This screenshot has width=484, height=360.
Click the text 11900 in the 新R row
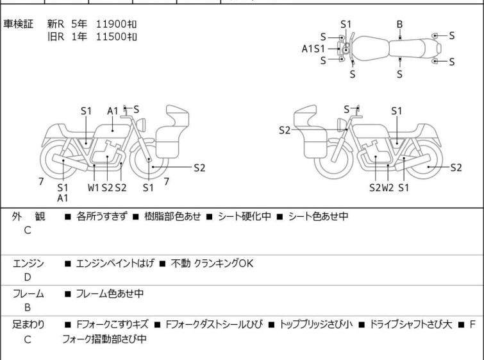pos(111,24)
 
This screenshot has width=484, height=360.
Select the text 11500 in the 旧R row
pos(111,37)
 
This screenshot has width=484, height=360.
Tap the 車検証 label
pos(18,24)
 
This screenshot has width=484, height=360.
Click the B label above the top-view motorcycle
pos(399,24)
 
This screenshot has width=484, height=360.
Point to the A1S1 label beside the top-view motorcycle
pos(313,49)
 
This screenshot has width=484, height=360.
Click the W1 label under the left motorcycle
pos(94,187)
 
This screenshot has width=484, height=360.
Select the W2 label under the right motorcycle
pos(388,187)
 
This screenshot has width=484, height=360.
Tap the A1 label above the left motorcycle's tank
pos(113,111)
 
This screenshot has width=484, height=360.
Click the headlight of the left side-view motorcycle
pos(141,125)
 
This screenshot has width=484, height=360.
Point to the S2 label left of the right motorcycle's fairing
pos(285,130)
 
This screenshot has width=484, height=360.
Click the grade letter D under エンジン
pos(28,277)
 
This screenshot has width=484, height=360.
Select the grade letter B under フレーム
pos(28,307)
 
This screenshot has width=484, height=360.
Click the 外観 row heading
pos(28,216)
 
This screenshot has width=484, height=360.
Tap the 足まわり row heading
pos(28,325)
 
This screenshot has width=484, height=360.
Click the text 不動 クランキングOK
pos(212,263)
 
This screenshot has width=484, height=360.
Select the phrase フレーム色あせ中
pos(110,293)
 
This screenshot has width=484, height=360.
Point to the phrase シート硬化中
pos(244,216)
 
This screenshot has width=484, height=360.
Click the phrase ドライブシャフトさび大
pos(411,325)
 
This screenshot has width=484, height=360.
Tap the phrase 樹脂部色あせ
pos(172,216)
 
